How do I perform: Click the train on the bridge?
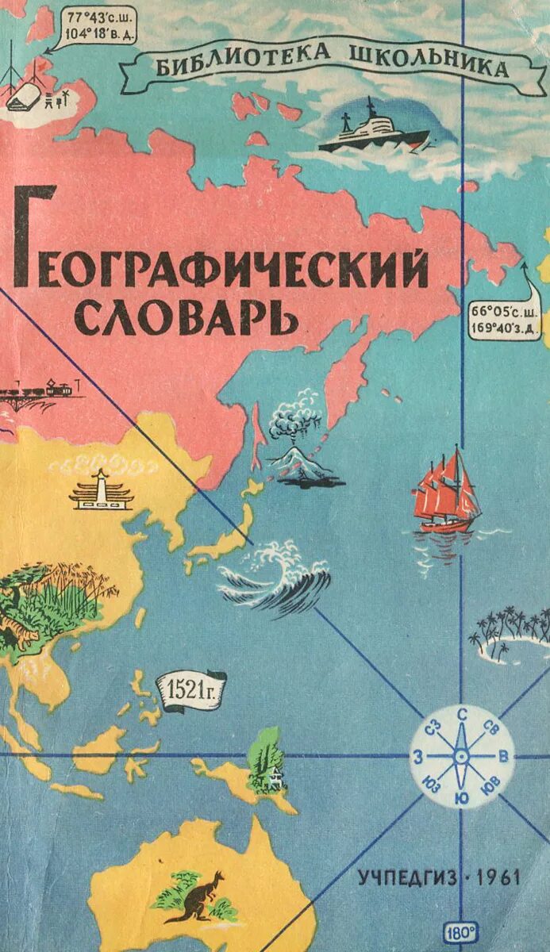36,390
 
